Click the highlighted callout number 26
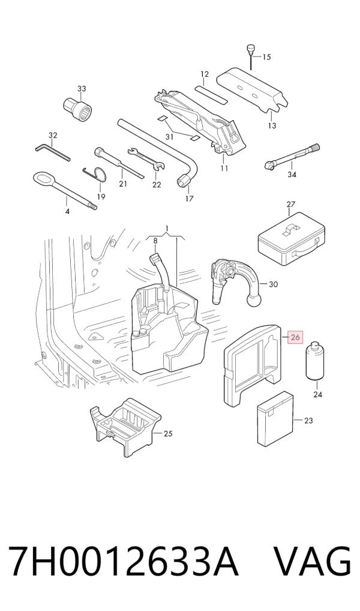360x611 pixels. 295,337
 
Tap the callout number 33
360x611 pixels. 82,89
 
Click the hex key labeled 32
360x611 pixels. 53,152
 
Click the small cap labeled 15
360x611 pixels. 250,49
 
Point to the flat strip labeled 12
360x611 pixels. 211,94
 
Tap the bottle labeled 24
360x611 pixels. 315,361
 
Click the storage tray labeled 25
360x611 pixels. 125,426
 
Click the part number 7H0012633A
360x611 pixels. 123,562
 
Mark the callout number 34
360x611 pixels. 292,175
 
